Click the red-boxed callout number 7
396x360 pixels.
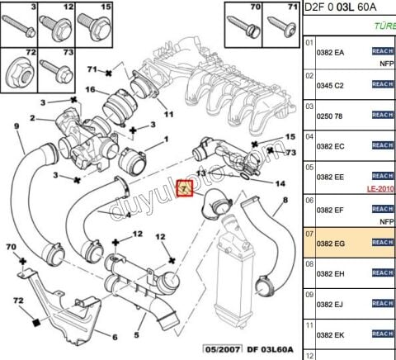coord(185,189)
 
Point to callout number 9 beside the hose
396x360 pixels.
coord(16,126)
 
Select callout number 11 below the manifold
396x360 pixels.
coord(169,115)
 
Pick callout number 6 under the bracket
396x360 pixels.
coord(115,336)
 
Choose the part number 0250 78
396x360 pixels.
coord(329,115)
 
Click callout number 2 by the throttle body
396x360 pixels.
coord(34,118)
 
